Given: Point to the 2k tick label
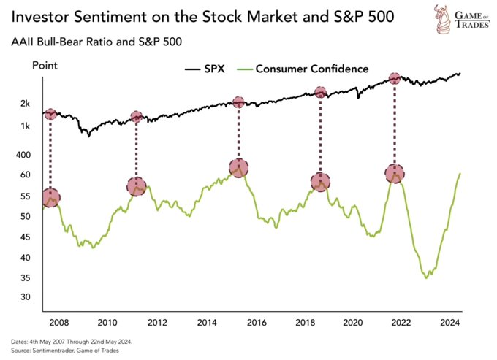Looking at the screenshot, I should pyautogui.click(x=25, y=104).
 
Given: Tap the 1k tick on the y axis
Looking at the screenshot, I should pyautogui.click(x=25, y=126).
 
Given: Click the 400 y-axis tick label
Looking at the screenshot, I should pyautogui.click(x=23, y=155).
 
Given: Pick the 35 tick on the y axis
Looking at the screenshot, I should pyautogui.click(x=24, y=277).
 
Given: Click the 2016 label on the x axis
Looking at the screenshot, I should pyautogui.click(x=255, y=322).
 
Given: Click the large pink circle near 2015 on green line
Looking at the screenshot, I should pyautogui.click(x=238, y=167).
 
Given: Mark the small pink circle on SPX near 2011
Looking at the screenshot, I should pyautogui.click(x=136, y=117).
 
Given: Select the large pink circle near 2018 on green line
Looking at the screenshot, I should pyautogui.click(x=320, y=182).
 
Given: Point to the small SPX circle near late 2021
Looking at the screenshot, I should pyautogui.click(x=395, y=78).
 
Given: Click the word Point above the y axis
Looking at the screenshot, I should pyautogui.click(x=45, y=66).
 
